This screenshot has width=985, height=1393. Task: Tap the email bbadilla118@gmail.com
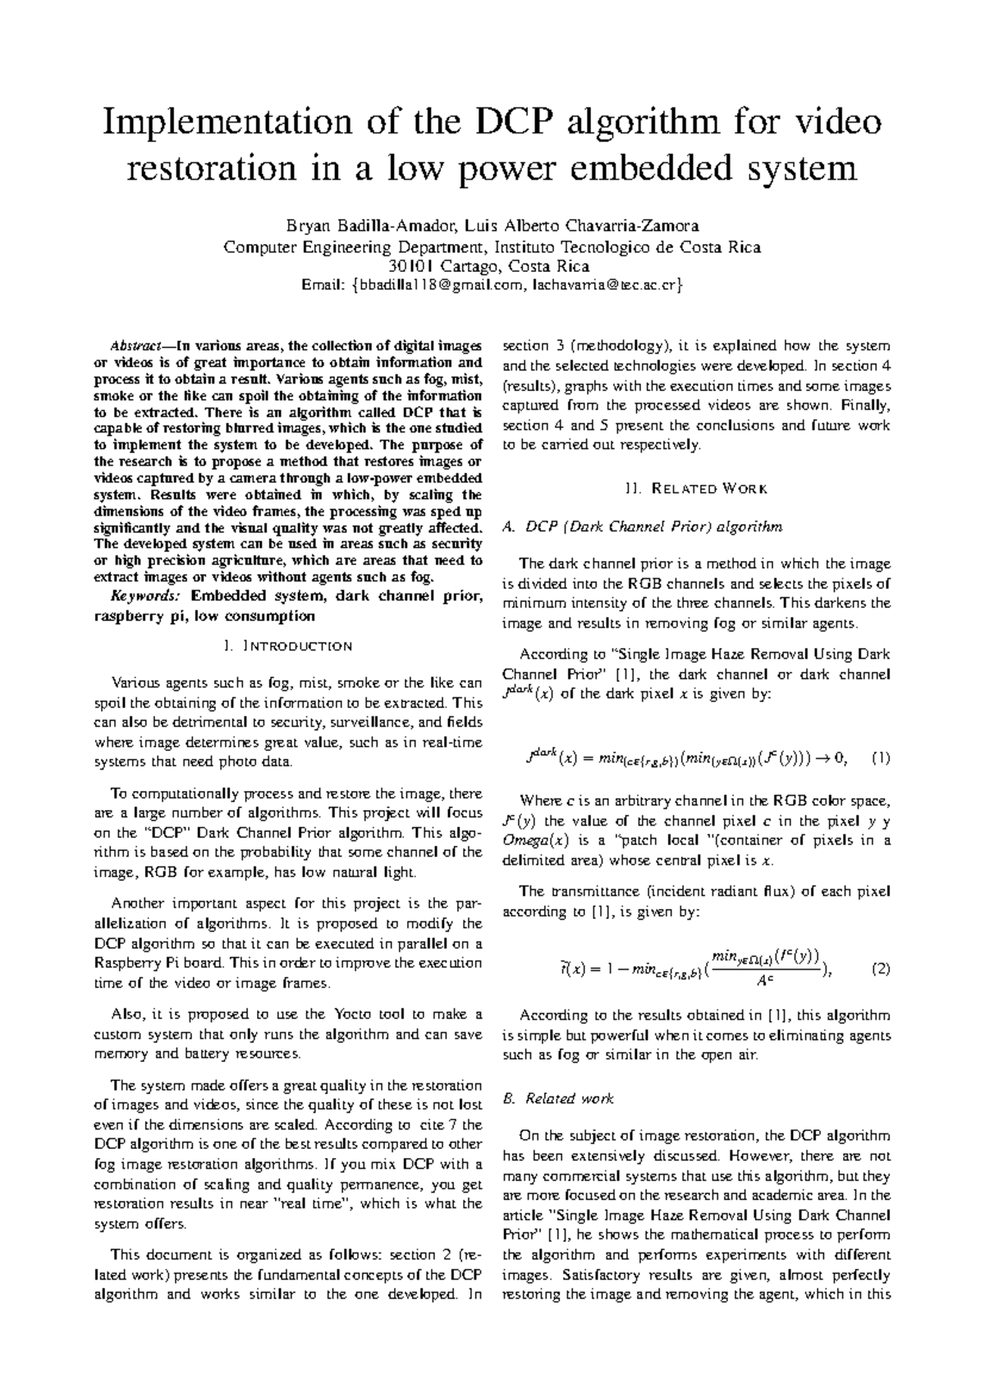438,286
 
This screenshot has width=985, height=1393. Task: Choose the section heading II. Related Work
696,489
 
